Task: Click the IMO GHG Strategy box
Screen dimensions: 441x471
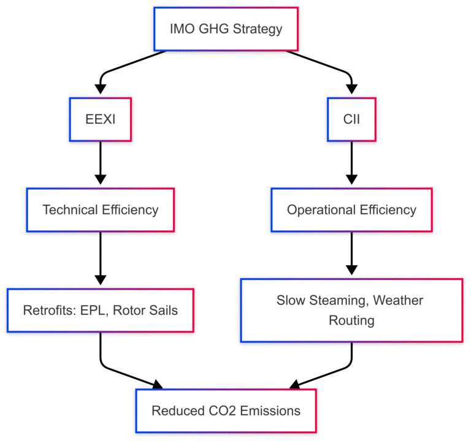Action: pyautogui.click(x=225, y=29)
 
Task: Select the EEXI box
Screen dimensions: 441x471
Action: pyautogui.click(x=100, y=119)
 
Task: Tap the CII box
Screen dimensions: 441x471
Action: pyautogui.click(x=351, y=119)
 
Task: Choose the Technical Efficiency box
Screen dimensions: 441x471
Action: pyautogui.click(x=100, y=209)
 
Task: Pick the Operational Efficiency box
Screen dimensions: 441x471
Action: pyautogui.click(x=351, y=209)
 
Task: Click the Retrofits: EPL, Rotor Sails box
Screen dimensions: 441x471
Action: pyautogui.click(x=100, y=310)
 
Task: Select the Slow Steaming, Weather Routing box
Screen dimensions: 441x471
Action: pyautogui.click(x=351, y=310)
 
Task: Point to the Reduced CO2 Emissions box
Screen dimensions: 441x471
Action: pyautogui.click(x=225, y=410)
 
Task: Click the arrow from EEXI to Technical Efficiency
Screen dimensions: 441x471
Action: pyautogui.click(x=100, y=163)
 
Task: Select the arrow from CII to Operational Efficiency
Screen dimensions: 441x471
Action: pyautogui.click(x=351, y=163)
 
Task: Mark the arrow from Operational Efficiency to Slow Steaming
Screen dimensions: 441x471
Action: pyautogui.click(x=351, y=254)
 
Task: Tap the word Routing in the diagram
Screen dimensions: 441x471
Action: pyautogui.click(x=351, y=320)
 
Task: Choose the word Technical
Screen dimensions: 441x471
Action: pyautogui.click(x=69, y=209)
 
